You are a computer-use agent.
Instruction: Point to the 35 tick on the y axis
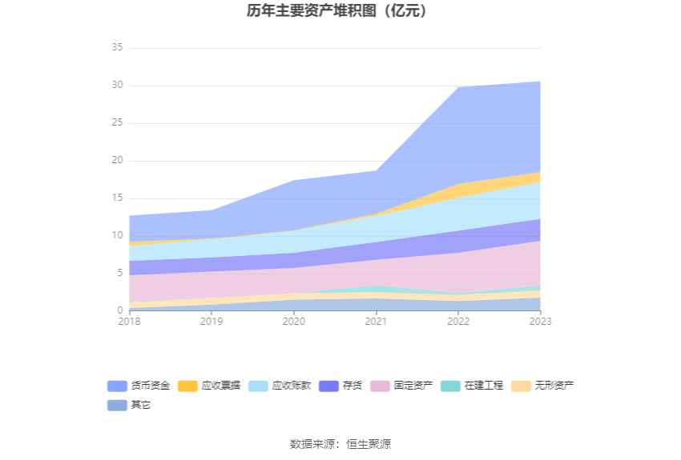coord(117,48)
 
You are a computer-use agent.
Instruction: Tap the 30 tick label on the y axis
coord(117,86)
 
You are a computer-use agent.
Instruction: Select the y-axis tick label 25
coord(117,123)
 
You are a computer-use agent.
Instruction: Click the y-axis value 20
coord(117,161)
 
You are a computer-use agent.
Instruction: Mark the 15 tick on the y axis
coord(117,198)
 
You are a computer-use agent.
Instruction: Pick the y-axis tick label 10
coord(117,236)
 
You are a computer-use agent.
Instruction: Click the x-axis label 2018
coord(129,321)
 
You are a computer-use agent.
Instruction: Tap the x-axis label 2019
coord(212,321)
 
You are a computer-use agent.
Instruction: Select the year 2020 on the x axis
coord(294,321)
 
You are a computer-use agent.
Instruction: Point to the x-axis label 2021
coord(376,321)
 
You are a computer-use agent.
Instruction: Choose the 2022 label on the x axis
coord(458,321)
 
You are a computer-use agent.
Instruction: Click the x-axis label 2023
coord(540,321)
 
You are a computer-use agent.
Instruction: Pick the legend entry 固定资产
coord(413,386)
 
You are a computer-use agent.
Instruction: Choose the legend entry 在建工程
coord(483,386)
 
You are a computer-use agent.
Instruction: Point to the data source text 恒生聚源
coord(369,444)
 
